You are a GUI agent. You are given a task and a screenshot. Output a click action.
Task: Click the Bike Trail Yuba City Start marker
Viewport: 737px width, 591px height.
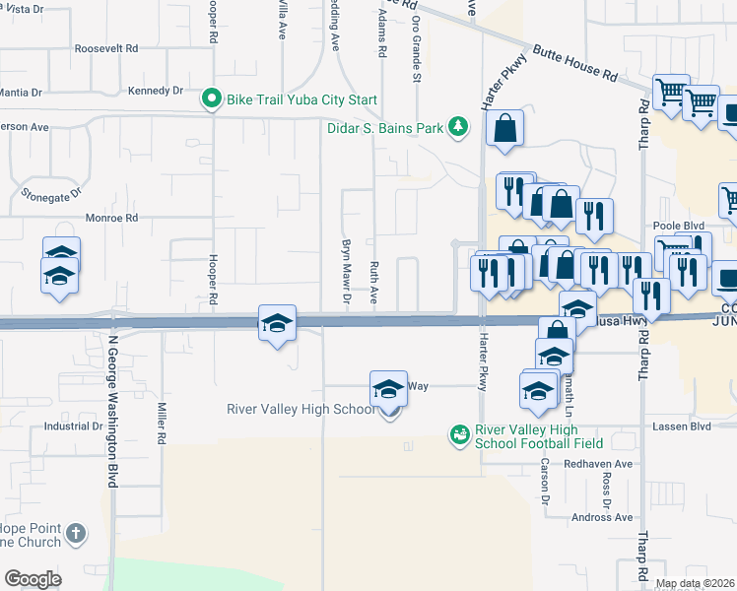(x=211, y=98)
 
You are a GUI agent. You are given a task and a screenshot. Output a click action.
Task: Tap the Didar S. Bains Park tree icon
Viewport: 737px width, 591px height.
(x=457, y=126)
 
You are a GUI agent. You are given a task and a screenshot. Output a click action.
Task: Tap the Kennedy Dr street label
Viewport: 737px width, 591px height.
(x=156, y=91)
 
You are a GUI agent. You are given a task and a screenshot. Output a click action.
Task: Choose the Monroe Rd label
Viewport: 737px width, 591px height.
(x=112, y=218)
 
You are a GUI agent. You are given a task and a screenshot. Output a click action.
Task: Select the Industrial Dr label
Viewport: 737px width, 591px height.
(x=74, y=427)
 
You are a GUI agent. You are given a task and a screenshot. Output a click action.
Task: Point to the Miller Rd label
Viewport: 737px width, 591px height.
(x=159, y=426)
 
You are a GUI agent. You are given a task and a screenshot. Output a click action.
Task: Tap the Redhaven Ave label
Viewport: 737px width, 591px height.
(x=598, y=463)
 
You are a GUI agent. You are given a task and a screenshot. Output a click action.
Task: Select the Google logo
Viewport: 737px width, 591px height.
(x=33, y=579)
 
